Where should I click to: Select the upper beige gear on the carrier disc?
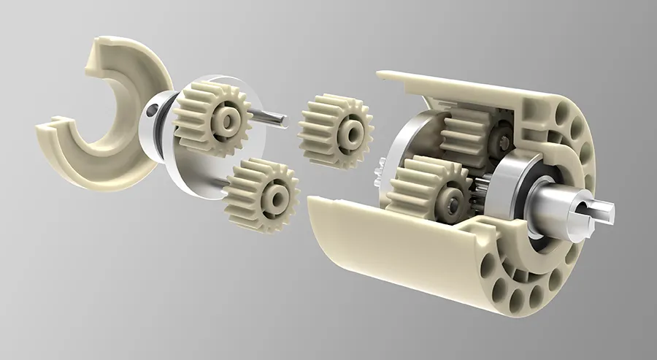(212, 116)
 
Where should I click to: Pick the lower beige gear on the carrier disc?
(261, 195)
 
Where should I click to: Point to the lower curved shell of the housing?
(394, 248)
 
